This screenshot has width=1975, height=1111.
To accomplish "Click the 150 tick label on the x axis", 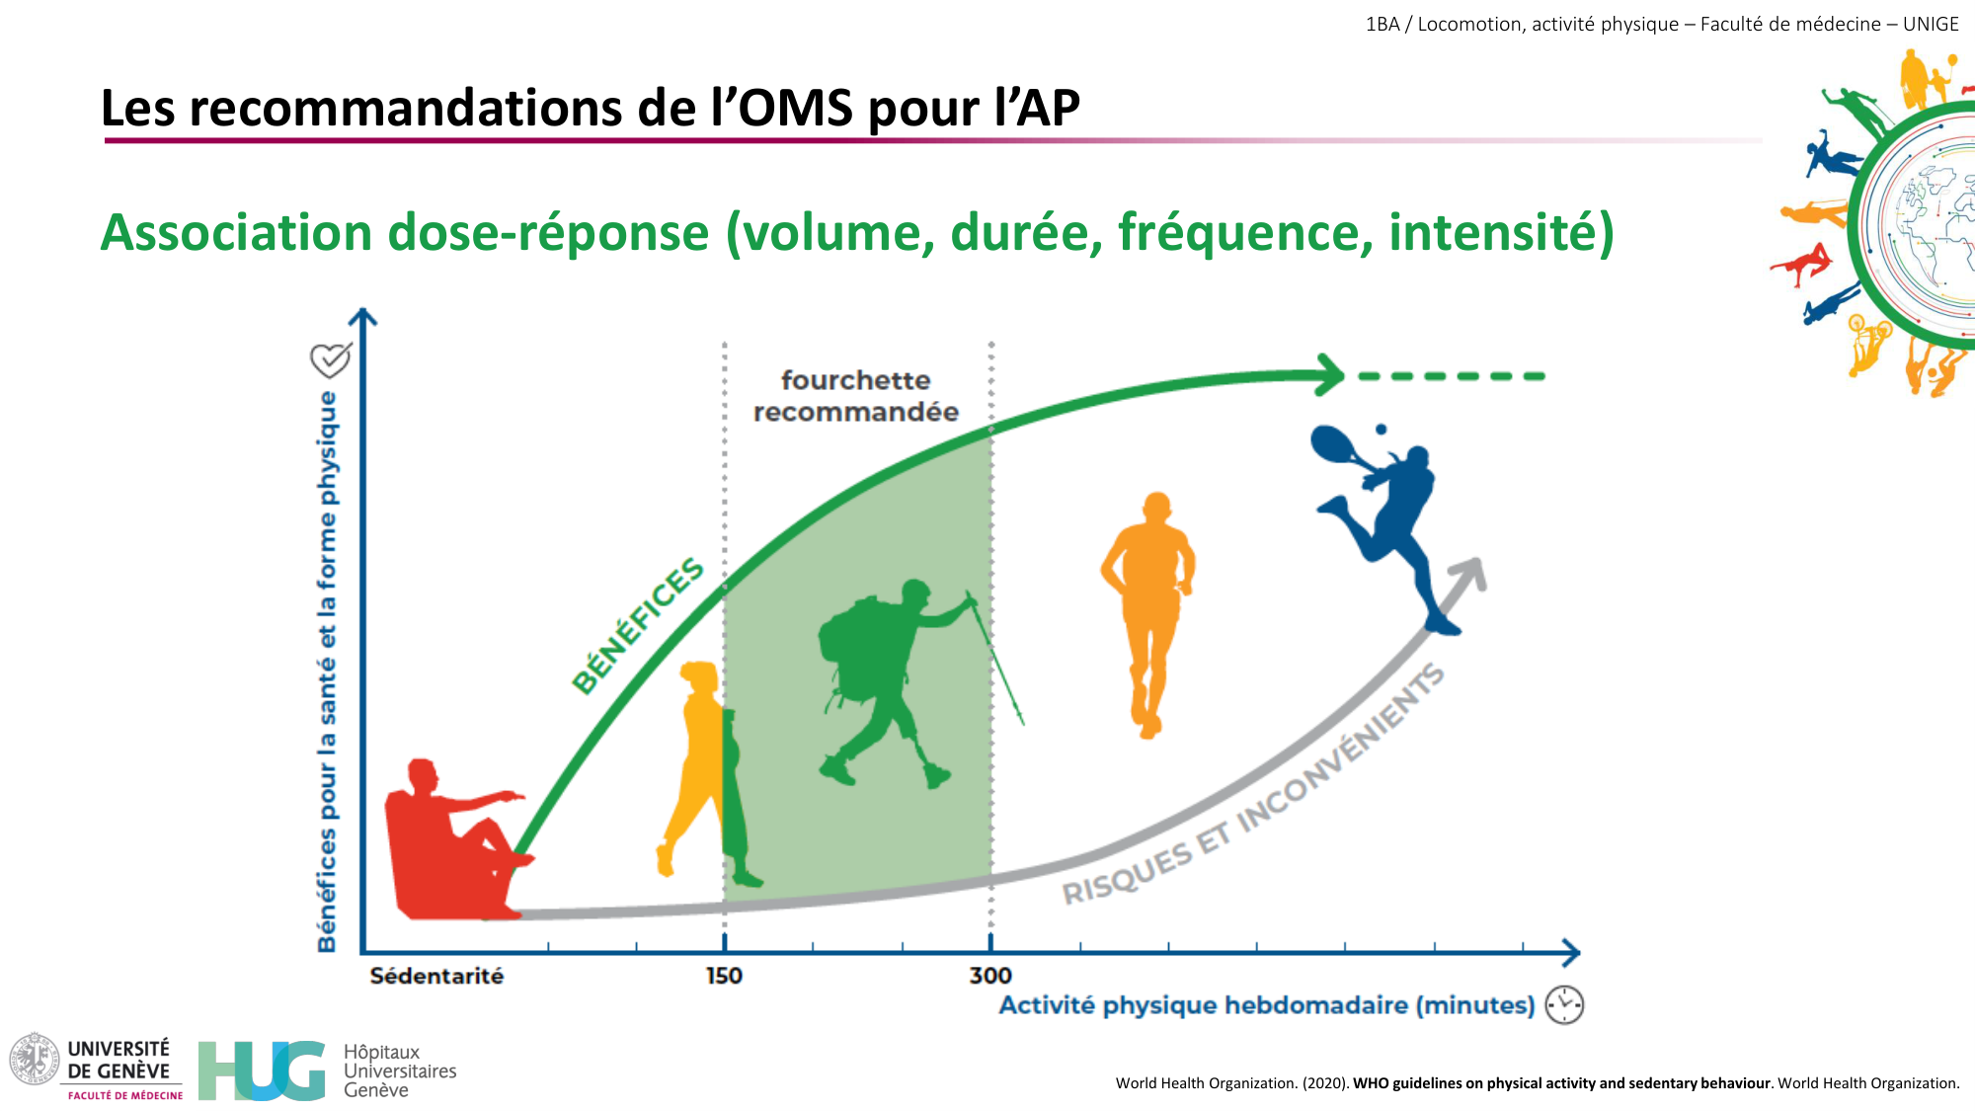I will click(724, 976).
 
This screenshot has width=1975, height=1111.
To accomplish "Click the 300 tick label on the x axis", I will click(990, 976).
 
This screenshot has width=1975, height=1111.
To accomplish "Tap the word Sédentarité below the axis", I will click(436, 976).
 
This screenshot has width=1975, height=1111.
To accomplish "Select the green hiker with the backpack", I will click(879, 672).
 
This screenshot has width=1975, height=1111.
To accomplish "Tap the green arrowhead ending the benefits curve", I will click(1329, 375).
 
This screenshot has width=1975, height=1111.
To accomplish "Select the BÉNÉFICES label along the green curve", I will click(638, 626).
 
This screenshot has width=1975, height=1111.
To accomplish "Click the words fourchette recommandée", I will click(856, 396).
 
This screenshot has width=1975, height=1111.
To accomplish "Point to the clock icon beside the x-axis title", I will click(1564, 1005).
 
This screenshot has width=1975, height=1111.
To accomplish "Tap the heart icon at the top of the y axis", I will click(330, 359).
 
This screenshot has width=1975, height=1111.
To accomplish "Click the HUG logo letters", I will click(262, 1071).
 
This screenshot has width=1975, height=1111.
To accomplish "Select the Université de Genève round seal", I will click(35, 1059).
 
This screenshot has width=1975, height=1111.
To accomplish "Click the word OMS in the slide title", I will click(795, 108).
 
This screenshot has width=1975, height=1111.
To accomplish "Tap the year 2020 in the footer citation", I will click(1324, 1083).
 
